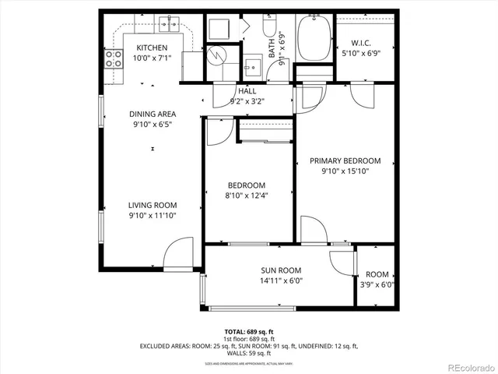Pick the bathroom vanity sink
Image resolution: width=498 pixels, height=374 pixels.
[x=251, y=65]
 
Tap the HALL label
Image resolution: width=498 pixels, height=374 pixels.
[x=247, y=91]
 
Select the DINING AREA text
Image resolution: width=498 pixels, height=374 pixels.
[x=153, y=114]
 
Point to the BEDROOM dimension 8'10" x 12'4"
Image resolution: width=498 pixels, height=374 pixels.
[x=245, y=196]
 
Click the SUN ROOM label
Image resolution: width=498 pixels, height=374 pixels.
[x=281, y=270]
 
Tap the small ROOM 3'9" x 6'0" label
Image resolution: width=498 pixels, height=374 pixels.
[x=377, y=274]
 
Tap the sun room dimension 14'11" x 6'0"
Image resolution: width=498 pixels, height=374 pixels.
[x=281, y=280]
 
